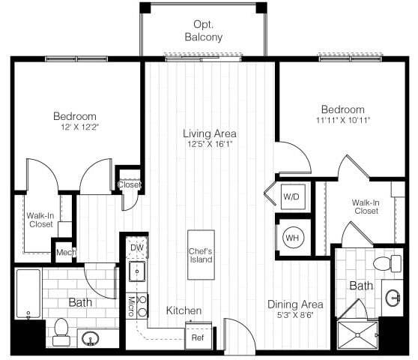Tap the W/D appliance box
coord(291,196)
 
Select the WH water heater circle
coord(291,237)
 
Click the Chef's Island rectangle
coord(200,255)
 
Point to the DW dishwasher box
coord(137,247)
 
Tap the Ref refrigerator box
coord(198,337)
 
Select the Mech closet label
coord(64,253)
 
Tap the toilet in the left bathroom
coord(61,330)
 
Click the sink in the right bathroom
coord(393,298)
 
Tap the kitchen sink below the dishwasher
coord(137,272)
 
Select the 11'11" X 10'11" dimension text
coord(342,120)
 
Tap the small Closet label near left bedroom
coord(128,184)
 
